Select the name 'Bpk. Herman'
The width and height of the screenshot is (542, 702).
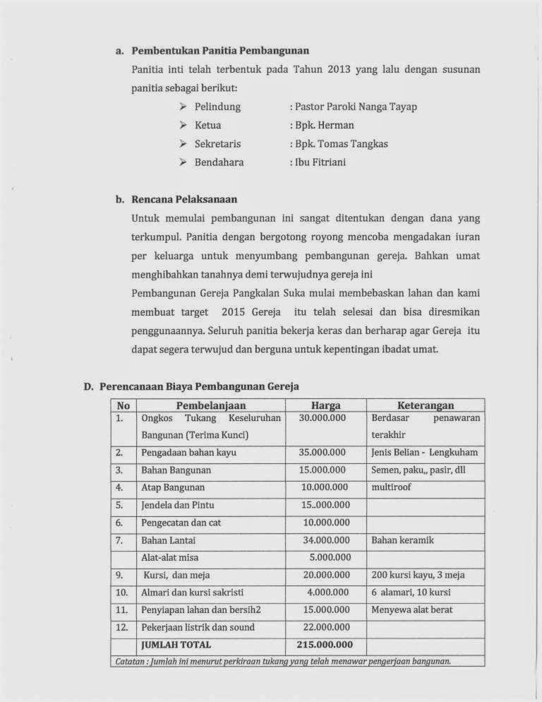point(317,126)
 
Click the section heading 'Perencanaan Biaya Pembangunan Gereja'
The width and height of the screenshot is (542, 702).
point(200,386)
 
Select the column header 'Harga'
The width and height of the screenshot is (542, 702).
point(325,405)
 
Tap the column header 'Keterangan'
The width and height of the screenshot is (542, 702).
point(426,405)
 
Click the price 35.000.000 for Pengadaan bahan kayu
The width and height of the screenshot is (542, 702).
point(322,451)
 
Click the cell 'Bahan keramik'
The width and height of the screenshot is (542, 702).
point(402,540)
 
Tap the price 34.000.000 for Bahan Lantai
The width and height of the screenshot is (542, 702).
point(322,540)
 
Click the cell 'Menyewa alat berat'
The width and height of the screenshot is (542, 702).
point(412,609)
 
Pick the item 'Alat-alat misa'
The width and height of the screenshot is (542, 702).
point(171,557)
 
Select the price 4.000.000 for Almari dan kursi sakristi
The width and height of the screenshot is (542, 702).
point(325,592)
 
